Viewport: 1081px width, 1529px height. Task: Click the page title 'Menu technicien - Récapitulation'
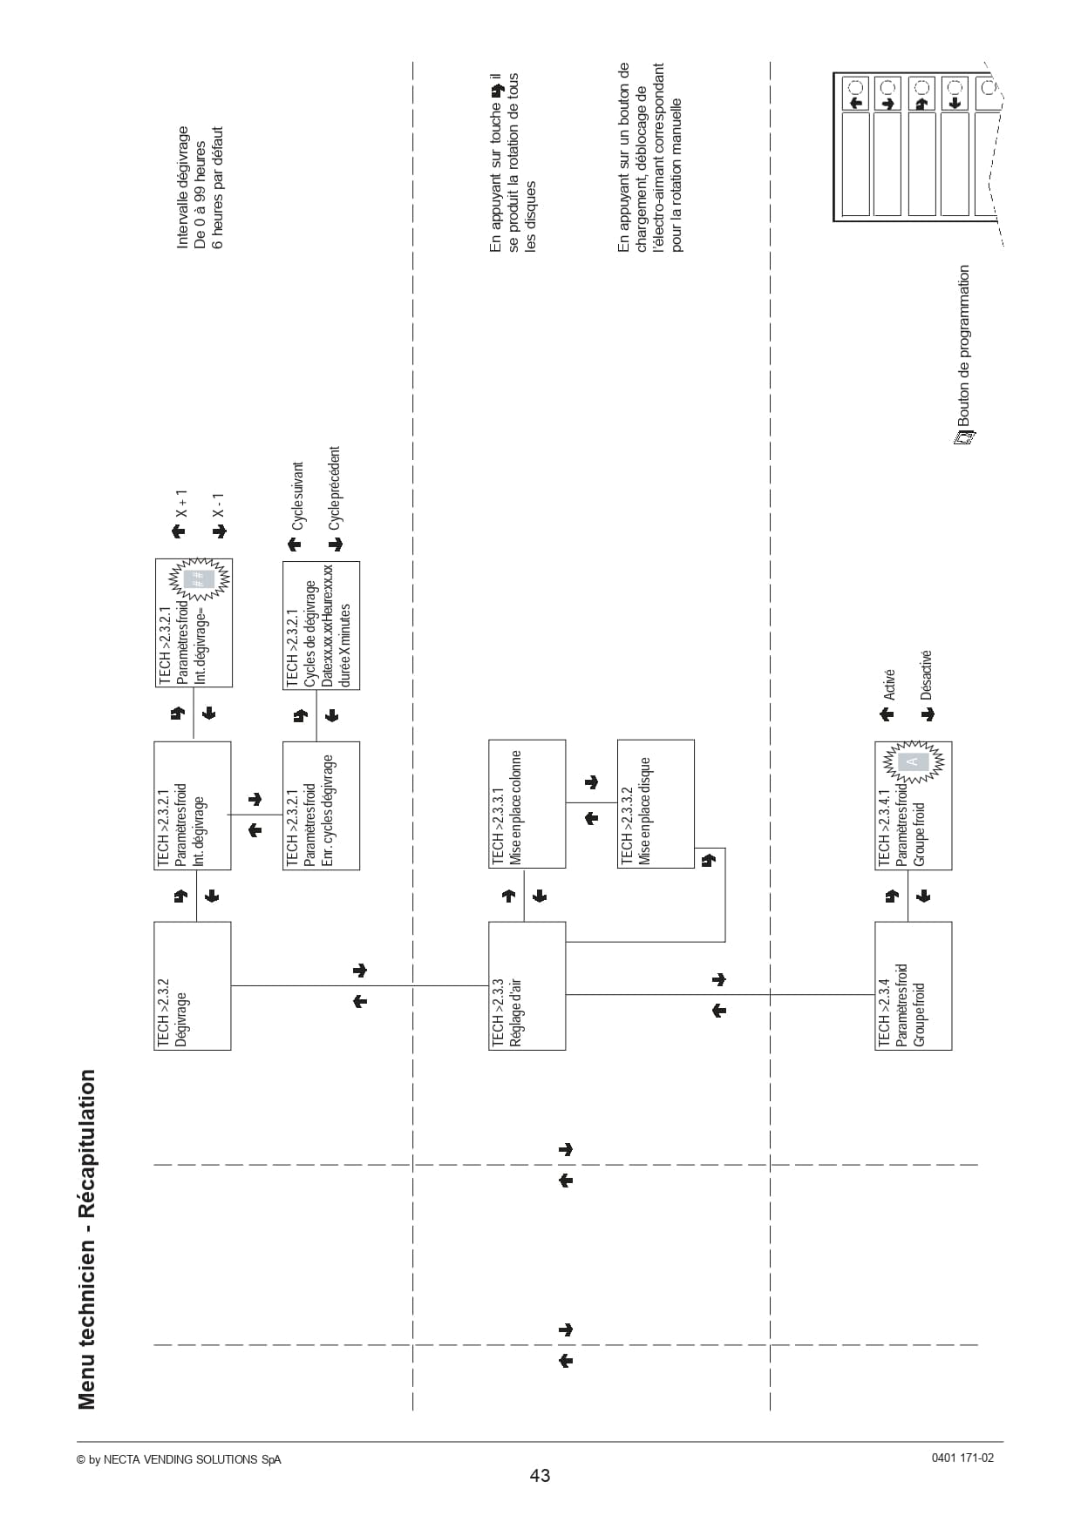click(86, 1239)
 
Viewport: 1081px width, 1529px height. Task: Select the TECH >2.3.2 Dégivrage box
click(193, 985)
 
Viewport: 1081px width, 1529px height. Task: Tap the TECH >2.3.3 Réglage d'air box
click(527, 985)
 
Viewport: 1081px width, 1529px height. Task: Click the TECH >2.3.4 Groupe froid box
click(914, 985)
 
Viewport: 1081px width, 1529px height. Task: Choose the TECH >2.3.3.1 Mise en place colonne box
click(527, 804)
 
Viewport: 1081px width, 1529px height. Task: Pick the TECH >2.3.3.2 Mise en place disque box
click(656, 804)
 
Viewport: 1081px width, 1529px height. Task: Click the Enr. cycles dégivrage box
click(321, 806)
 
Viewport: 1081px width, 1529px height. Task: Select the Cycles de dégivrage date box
click(321, 626)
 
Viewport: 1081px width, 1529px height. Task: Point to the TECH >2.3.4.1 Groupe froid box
click(914, 806)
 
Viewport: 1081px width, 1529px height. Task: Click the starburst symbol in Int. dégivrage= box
click(200, 579)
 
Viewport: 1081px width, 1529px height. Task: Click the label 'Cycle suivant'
click(298, 496)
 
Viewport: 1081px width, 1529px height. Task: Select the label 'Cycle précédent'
click(335, 489)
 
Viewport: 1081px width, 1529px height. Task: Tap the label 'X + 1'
click(181, 504)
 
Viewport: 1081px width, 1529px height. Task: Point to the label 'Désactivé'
click(926, 675)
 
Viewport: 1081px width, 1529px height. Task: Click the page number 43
click(540, 1475)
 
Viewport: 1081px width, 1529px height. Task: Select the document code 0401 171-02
click(962, 1458)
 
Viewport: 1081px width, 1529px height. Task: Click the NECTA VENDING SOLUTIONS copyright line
click(179, 1459)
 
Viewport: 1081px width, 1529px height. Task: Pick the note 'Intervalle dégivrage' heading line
click(182, 187)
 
